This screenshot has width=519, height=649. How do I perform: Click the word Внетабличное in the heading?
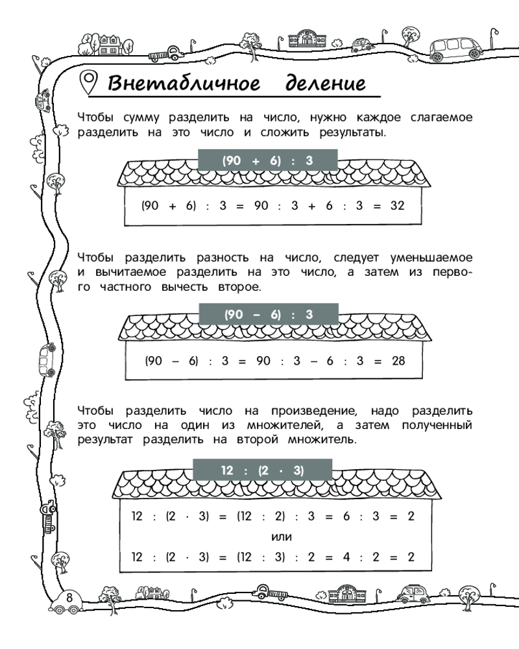point(184,84)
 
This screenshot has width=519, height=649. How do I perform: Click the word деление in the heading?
point(322,84)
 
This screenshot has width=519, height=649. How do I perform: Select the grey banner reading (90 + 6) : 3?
point(269,160)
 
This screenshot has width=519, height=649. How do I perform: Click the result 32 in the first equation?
point(398,206)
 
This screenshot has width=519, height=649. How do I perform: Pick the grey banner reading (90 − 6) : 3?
point(269,315)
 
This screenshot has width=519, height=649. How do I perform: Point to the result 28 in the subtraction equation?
point(398,360)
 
